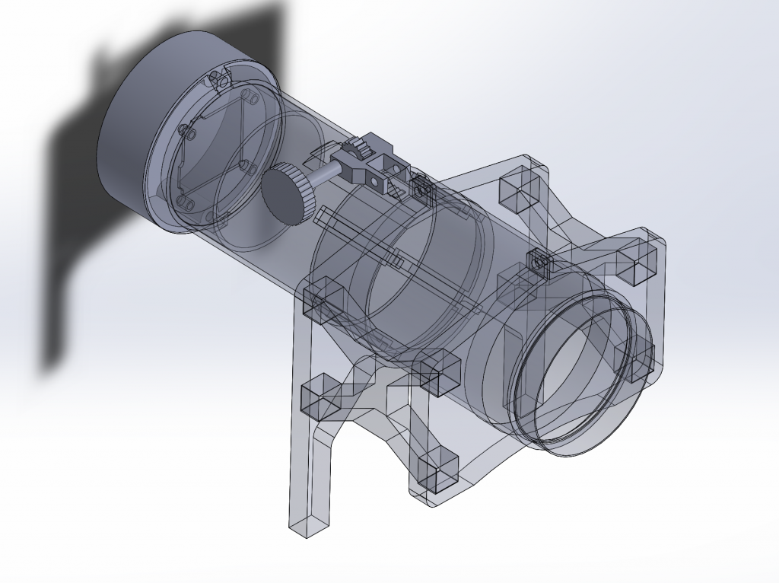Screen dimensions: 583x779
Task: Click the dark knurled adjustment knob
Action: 288,193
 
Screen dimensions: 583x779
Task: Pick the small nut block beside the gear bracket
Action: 418,185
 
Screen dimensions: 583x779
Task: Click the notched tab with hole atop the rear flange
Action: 221,78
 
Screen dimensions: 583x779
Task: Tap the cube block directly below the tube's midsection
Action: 438,371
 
